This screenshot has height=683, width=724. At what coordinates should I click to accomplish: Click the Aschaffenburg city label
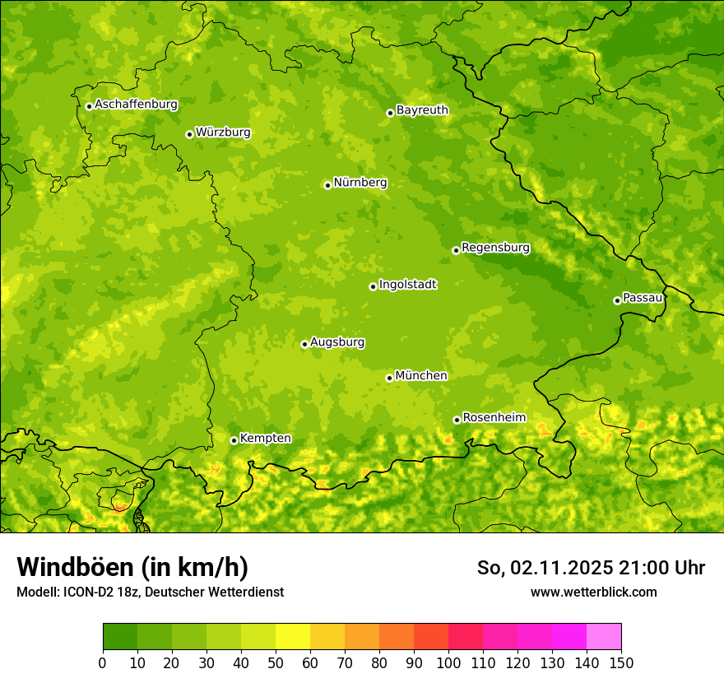click(x=136, y=105)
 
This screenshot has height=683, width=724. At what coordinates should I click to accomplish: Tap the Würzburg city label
click(x=223, y=132)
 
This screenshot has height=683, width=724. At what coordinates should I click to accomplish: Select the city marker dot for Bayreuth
click(x=390, y=113)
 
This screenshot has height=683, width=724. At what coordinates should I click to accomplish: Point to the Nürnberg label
click(x=360, y=183)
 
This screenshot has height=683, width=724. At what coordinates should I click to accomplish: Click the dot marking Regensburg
click(x=456, y=250)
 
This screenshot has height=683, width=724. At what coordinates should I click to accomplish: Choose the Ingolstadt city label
click(x=407, y=285)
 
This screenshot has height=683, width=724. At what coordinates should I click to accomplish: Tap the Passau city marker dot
click(x=617, y=300)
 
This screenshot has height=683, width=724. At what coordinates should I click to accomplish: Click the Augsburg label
click(x=337, y=342)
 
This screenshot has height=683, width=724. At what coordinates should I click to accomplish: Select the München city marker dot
click(x=389, y=378)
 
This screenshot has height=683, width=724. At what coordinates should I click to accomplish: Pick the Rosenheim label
click(x=494, y=418)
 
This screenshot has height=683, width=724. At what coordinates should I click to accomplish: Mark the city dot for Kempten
click(x=234, y=440)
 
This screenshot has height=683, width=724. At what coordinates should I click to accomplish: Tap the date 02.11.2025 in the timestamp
click(x=559, y=568)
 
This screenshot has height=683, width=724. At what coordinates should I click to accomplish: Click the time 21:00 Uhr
click(x=661, y=568)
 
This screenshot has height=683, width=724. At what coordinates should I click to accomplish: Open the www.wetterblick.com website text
click(x=593, y=592)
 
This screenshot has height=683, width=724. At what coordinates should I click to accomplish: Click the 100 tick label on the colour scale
click(x=448, y=663)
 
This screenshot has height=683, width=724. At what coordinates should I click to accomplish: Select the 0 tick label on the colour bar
click(x=103, y=663)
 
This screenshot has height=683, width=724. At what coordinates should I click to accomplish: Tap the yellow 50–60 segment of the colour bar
click(x=293, y=637)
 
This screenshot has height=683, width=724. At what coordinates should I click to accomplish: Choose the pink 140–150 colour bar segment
click(x=604, y=637)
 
